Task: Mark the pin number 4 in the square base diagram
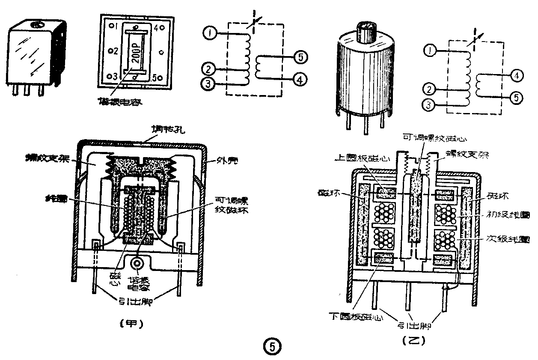pos(157,28)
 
